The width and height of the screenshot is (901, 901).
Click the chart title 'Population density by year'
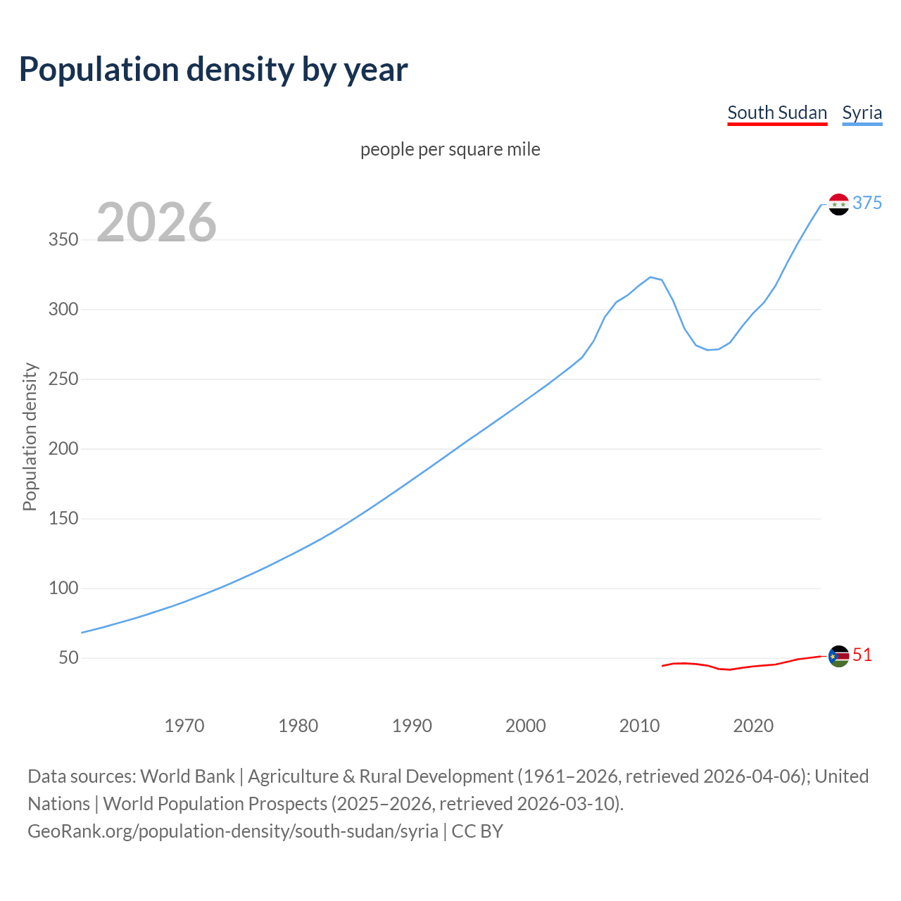(x=213, y=69)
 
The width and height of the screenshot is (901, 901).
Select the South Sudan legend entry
(x=777, y=113)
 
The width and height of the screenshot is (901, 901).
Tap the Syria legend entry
(x=862, y=113)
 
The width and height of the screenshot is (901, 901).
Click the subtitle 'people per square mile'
(x=450, y=149)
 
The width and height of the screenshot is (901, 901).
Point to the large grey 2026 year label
(x=156, y=222)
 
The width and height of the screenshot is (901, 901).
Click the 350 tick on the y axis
(x=63, y=240)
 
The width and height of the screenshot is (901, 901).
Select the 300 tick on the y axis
(x=63, y=310)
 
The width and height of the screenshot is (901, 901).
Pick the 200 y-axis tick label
(x=63, y=449)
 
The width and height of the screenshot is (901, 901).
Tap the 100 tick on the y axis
(x=63, y=588)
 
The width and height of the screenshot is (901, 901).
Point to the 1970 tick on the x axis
(x=184, y=726)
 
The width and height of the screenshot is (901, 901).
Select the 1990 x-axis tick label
(x=412, y=726)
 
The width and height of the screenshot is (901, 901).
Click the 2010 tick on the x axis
(x=639, y=726)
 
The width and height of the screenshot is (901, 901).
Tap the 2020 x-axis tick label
(x=753, y=726)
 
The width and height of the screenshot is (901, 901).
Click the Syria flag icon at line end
(x=838, y=204)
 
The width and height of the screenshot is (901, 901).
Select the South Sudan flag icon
(x=838, y=656)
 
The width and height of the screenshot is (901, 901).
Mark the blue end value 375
(x=867, y=203)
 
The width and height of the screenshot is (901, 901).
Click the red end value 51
(x=862, y=655)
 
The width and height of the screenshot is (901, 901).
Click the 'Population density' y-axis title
(x=30, y=436)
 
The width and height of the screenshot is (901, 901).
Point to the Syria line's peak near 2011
(x=650, y=277)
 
